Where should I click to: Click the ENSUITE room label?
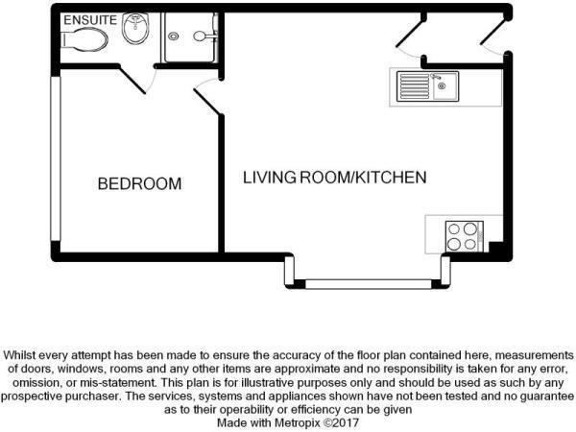pyautogui.click(x=90, y=20)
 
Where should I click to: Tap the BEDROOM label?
pyautogui.click(x=139, y=183)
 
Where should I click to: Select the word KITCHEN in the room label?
pyautogui.click(x=392, y=178)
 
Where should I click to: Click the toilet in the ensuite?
pyautogui.click(x=84, y=39)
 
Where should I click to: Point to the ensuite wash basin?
pyautogui.click(x=135, y=28)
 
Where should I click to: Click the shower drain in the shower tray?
pyautogui.click(x=174, y=36)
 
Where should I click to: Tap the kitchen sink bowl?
pyautogui.click(x=445, y=86)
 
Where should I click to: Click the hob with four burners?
pyautogui.click(x=464, y=236)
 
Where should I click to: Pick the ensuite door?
pyautogui.click(x=133, y=80)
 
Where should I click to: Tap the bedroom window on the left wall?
pyautogui.click(x=56, y=158)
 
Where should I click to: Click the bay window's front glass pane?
pyautogui.click(x=369, y=284)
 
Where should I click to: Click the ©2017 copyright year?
pyautogui.click(x=343, y=422)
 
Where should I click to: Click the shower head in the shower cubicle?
pyautogui.click(x=200, y=36)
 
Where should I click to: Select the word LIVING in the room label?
pyautogui.click(x=270, y=178)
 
